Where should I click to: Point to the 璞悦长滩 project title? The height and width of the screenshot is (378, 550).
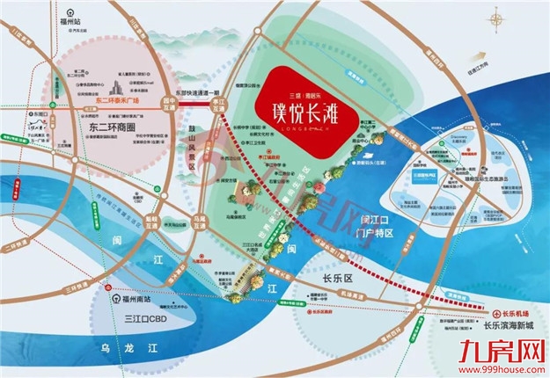click(x=306, y=115)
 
